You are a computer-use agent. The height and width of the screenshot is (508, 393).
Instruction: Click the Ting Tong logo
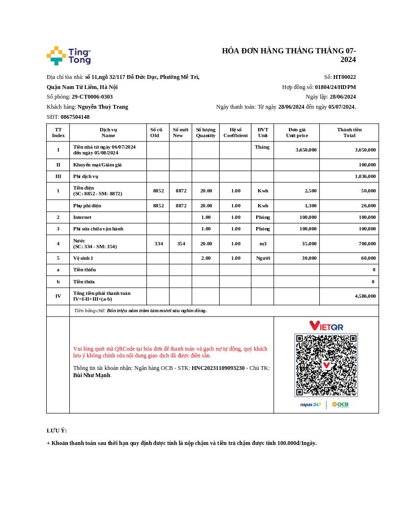tap(68, 56)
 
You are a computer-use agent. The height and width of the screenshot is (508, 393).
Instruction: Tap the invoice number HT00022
tap(344, 77)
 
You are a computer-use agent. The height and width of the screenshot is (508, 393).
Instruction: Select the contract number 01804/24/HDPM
tap(335, 87)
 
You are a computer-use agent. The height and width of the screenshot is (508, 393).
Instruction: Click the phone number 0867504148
tap(75, 117)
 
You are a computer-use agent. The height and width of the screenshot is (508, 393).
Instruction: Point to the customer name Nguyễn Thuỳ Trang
tap(103, 107)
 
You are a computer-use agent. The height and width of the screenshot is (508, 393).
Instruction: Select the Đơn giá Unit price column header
tap(297, 132)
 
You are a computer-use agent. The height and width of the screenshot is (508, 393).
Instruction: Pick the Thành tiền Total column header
tap(349, 132)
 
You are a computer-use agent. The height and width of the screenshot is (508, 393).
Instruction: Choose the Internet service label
tap(82, 217)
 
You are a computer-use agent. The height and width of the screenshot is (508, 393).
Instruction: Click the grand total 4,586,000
tap(365, 296)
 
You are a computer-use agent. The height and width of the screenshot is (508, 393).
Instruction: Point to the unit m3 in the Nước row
tap(262, 244)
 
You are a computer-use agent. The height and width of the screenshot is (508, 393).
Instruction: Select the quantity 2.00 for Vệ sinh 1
tap(206, 258)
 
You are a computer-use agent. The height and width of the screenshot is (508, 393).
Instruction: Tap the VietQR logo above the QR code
tap(326, 326)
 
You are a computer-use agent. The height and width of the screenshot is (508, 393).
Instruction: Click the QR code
tap(326, 365)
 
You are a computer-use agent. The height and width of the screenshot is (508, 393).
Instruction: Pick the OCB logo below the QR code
tap(341, 405)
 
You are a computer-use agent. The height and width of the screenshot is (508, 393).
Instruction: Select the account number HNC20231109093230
tap(218, 368)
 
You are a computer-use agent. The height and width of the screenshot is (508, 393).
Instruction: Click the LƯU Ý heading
tap(57, 431)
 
